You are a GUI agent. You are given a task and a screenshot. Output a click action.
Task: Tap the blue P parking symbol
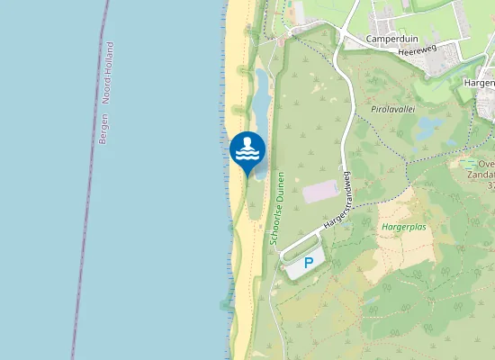tap(308, 263)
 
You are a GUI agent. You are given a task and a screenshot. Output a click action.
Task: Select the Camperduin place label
tap(394, 39)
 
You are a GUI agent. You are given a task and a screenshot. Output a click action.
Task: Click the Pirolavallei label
tap(391, 108)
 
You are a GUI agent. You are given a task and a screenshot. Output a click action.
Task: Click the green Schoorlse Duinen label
tap(277, 209)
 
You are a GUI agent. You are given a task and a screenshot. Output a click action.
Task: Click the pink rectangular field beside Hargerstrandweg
tap(320, 192)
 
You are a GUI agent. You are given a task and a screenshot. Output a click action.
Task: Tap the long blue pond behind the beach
tap(259, 99)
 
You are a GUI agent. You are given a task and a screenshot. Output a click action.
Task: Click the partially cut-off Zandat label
tap(481, 176)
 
